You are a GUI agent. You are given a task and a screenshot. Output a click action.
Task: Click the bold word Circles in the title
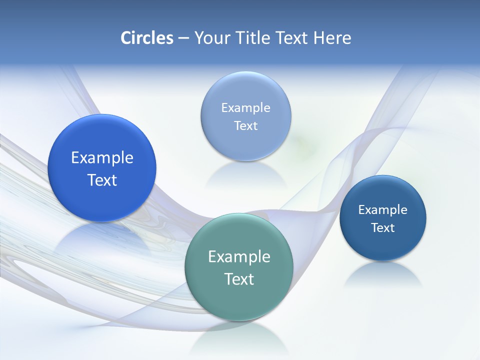point(146,38)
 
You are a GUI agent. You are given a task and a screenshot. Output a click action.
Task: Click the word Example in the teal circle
point(238,257)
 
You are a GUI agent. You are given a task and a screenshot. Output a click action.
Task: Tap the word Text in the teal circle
point(238,279)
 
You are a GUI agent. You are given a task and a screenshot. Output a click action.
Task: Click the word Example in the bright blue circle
point(102,158)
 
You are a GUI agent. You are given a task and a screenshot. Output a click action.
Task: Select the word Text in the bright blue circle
point(102,180)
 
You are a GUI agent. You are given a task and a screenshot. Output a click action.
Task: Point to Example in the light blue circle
point(245,107)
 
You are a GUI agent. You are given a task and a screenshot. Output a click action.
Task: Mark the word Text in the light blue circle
point(245,125)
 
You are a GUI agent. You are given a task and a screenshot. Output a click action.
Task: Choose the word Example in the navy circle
point(382,209)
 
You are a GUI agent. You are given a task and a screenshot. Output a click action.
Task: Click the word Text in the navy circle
point(382,227)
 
